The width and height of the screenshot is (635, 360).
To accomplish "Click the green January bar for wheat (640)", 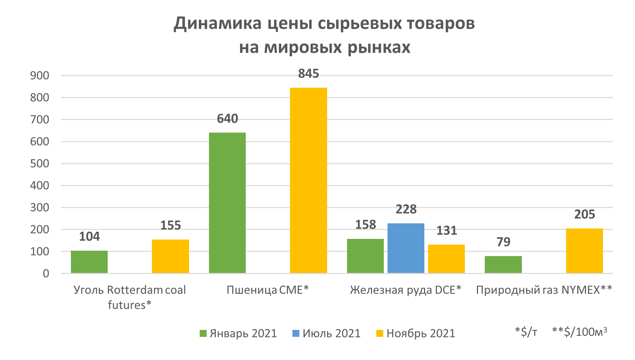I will (227, 202).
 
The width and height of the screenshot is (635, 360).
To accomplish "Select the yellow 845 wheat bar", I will (308, 180).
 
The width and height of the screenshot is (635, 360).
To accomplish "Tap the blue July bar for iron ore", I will (406, 248).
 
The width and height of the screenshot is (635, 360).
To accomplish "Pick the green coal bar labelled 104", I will (89, 262).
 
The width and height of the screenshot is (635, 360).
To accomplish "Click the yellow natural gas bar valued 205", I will (584, 251).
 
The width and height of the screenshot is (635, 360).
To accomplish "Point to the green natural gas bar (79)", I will (503, 265).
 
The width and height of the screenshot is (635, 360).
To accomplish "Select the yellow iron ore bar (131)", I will (446, 259).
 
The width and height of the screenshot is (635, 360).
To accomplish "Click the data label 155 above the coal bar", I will (170, 225).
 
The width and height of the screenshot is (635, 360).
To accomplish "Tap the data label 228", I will (406, 210).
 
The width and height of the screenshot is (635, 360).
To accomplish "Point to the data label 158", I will (365, 225).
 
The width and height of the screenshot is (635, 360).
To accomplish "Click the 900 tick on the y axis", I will (39, 76).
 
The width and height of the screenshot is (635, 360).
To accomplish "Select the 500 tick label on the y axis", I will (39, 164).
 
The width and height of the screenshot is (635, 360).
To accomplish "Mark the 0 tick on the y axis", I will (46, 274).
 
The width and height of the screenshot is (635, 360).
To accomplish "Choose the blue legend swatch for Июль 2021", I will (296, 333).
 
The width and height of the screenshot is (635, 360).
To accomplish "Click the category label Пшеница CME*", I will (268, 290).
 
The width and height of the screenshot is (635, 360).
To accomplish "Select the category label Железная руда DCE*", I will (405, 290).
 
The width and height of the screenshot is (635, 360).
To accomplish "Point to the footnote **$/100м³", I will (579, 332).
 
